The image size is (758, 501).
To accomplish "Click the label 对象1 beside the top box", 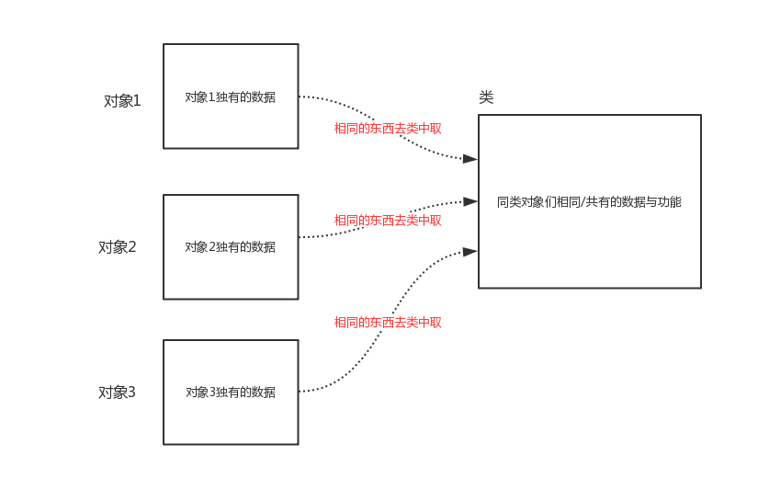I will (122, 101).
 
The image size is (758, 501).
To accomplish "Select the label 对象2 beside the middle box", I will (117, 246).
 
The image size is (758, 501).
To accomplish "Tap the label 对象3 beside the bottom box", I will (117, 393).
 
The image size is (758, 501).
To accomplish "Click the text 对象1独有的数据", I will (230, 97).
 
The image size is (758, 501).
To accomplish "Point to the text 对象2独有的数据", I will (230, 246).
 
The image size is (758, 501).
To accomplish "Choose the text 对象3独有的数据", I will (230, 392).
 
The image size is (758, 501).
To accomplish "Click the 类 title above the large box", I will (486, 97).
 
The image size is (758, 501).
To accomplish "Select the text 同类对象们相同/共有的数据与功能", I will (589, 201).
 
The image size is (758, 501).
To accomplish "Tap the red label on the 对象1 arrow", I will (388, 129).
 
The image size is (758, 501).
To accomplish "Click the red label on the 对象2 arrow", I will (388, 221).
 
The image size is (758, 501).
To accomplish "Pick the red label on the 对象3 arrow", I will (388, 323).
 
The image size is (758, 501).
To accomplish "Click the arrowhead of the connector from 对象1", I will (470, 159).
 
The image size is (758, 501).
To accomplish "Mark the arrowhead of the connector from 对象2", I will (470, 200).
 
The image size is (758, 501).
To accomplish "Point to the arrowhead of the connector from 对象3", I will (470, 251).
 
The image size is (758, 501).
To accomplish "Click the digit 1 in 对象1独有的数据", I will (212, 97).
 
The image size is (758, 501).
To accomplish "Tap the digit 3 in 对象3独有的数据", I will (212, 392).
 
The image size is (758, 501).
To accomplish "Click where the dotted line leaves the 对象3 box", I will (300, 392).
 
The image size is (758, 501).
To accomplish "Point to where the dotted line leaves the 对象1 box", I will (300, 97).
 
